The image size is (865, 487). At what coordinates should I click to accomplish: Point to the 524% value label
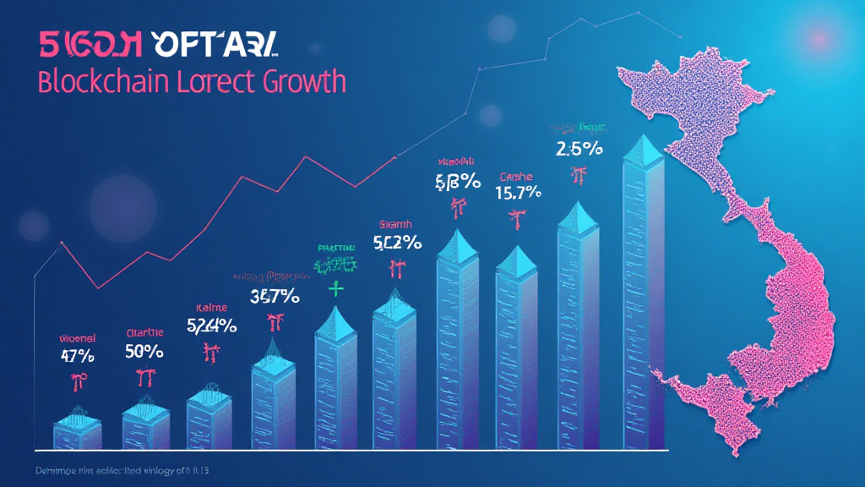211,325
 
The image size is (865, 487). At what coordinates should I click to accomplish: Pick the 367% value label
275,297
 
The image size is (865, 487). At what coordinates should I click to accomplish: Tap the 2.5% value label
579,150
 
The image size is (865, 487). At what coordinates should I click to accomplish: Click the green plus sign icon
337,289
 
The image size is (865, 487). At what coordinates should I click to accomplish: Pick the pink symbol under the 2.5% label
579,176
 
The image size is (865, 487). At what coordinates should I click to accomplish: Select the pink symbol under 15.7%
513,219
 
